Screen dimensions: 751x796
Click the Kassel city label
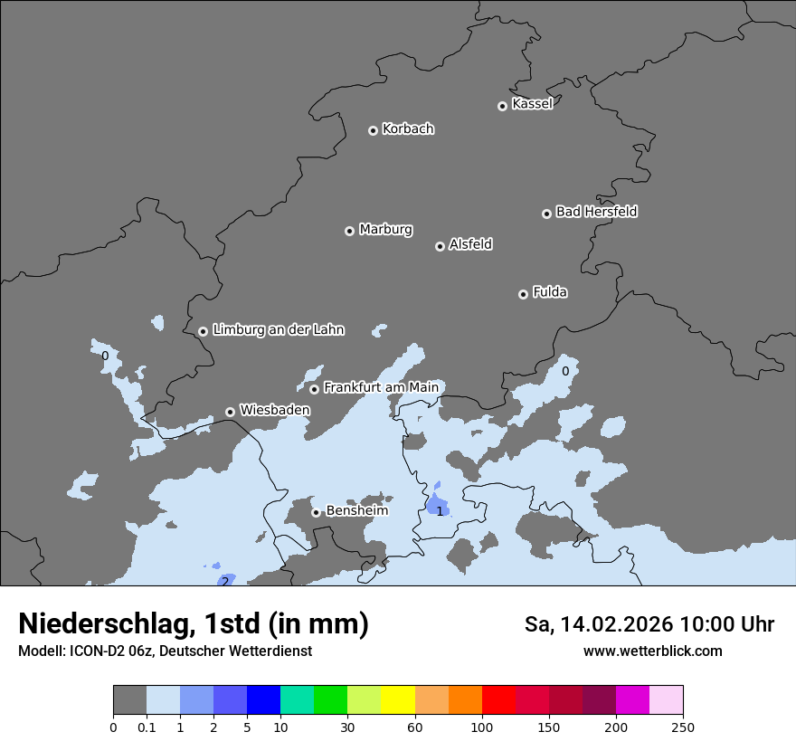(x=532, y=104)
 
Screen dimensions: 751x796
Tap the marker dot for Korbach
(x=373, y=130)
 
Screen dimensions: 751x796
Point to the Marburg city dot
(x=349, y=231)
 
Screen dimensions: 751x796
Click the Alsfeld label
(x=470, y=244)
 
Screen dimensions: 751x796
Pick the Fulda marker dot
(x=523, y=294)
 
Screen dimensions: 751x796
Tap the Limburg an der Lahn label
(x=278, y=330)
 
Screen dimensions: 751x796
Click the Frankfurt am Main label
(x=381, y=387)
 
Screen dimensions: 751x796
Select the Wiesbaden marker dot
(x=231, y=412)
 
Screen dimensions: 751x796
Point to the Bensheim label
(x=356, y=510)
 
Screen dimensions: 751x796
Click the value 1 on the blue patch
(x=440, y=511)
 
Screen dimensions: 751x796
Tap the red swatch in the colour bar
(x=498, y=700)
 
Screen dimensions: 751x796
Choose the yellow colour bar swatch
(x=398, y=700)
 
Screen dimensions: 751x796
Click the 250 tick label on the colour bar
(x=683, y=727)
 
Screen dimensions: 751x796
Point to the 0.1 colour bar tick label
(x=147, y=727)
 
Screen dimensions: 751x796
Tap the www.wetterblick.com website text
(x=652, y=651)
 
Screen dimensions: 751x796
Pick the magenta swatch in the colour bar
(x=632, y=700)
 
